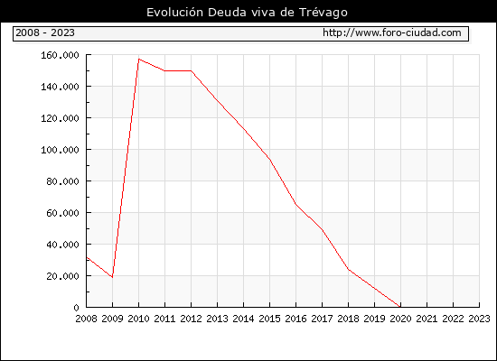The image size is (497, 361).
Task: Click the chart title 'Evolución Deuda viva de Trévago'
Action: tap(247, 13)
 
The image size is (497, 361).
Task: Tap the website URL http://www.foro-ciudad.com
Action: tap(392, 32)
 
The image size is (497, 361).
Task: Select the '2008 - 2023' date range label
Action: tap(45, 32)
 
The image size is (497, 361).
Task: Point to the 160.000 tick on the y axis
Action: tap(60, 55)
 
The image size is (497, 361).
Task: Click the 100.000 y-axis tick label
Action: tap(60, 150)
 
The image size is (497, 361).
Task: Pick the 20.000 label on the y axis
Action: tap(62, 276)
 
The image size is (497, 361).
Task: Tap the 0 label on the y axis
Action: tap(76, 308)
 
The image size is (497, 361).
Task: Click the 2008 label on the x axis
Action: tap(86, 319)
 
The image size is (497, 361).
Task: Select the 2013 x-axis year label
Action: tap(217, 319)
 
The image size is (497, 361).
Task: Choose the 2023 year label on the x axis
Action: tap(479, 319)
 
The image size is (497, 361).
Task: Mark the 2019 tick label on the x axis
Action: tap(374, 319)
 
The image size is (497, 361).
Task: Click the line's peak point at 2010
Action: tap(139, 59)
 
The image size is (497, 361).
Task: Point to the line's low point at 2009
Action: tap(113, 277)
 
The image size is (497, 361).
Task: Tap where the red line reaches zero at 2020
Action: tap(400, 307)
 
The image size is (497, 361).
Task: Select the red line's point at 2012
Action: tap(192, 71)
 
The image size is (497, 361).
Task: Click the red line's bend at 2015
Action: tap(270, 159)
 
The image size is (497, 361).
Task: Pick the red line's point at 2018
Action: tap(348, 269)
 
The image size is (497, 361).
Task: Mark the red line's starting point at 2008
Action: tap(87, 257)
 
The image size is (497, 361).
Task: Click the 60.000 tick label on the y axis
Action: tap(62, 213)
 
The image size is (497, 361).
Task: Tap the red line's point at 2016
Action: tap(295, 204)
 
